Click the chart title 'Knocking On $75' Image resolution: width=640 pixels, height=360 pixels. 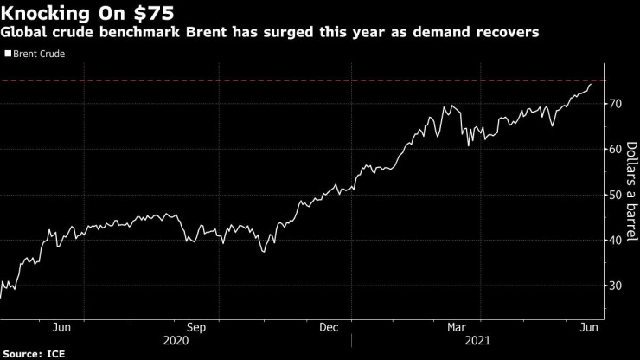(x=87, y=13)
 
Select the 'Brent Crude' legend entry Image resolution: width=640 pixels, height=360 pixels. (x=39, y=54)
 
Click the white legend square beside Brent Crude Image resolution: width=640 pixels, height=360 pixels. (x=8, y=54)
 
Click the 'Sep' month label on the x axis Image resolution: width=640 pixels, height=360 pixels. (x=195, y=327)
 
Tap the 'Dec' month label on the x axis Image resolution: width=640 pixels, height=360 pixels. (x=329, y=327)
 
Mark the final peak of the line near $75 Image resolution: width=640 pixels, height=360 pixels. (x=591, y=84)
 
